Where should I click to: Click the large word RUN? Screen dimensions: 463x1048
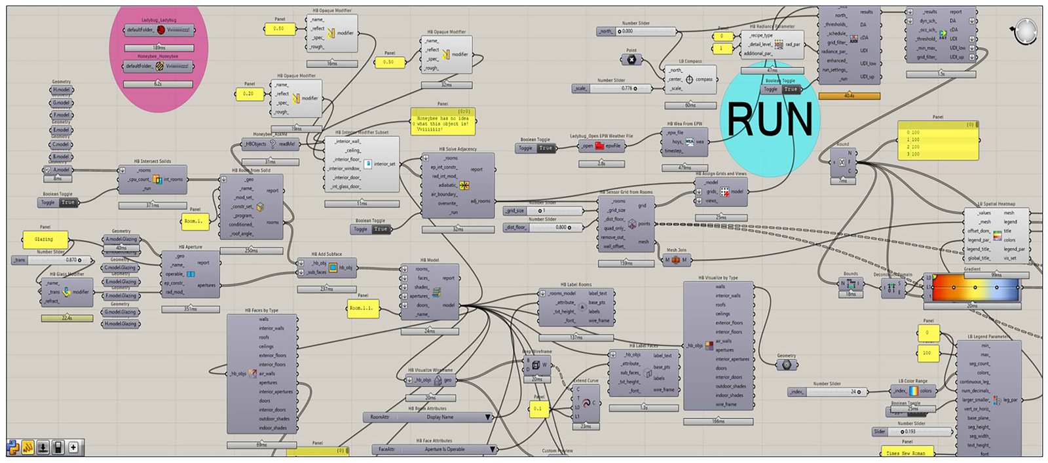(770, 119)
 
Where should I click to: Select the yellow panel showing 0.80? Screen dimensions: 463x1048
(278, 29)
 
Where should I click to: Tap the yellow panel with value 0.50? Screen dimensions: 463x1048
(388, 62)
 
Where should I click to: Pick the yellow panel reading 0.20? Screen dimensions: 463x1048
(248, 94)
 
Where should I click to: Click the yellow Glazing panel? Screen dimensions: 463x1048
(45, 239)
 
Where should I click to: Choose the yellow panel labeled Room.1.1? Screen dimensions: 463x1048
(363, 308)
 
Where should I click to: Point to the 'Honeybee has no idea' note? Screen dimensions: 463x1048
(443, 122)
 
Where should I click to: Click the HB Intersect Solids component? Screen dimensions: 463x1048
(153, 179)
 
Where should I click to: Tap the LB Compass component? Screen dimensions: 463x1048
(690, 80)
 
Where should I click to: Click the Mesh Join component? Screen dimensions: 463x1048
(676, 260)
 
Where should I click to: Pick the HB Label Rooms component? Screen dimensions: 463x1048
(576, 307)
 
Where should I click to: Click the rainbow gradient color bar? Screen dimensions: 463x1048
(975, 287)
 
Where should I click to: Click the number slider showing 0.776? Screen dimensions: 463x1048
(613, 88)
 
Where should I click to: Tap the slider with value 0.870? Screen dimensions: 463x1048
(48, 260)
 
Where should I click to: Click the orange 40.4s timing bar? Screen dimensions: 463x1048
(849, 96)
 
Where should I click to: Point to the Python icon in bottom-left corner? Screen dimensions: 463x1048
(13, 448)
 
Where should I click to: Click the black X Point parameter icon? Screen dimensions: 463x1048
(631, 60)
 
